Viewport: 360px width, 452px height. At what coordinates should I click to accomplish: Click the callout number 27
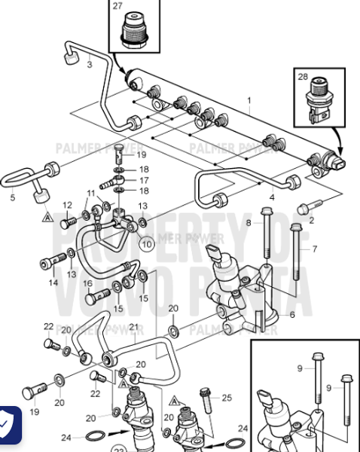(x=117, y=6)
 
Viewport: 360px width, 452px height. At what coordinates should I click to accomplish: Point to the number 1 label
(x=249, y=100)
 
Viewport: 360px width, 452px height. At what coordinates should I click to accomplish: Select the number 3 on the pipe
(x=90, y=65)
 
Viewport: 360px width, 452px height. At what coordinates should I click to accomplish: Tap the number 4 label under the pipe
(x=250, y=197)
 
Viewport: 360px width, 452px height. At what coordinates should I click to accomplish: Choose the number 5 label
(x=12, y=199)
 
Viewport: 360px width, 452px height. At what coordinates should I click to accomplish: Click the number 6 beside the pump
(x=292, y=314)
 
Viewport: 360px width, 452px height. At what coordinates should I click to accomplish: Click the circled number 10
(x=146, y=244)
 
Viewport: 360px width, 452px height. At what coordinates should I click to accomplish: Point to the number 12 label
(x=66, y=205)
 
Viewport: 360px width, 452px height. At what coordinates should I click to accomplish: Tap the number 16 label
(x=88, y=283)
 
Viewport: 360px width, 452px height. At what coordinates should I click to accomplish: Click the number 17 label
(x=143, y=181)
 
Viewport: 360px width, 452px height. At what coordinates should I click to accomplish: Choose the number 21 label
(x=134, y=327)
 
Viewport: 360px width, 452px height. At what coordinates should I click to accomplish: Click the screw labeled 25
(x=204, y=393)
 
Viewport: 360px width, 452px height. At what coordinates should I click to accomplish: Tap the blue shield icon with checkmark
(x=8, y=426)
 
